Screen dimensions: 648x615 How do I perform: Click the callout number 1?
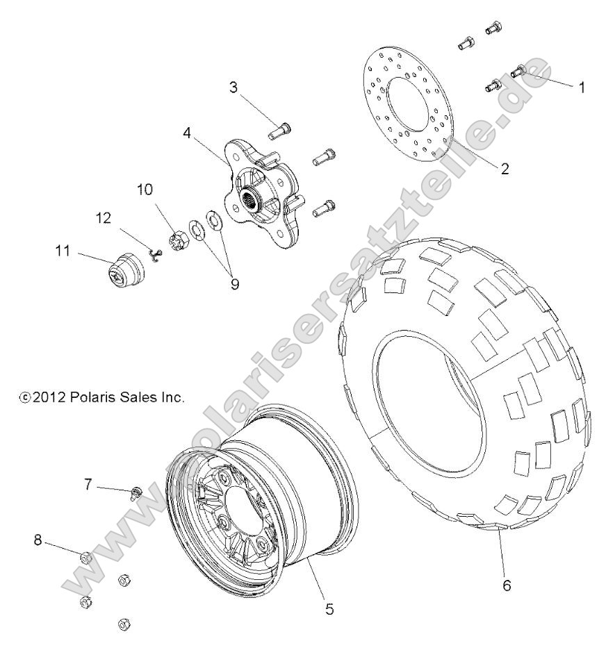tap(582, 88)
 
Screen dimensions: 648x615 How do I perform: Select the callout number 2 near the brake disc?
tap(505, 168)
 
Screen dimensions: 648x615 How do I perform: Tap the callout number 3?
tap(234, 88)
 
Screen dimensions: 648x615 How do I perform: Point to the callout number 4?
tap(188, 133)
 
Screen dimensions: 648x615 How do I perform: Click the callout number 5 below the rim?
tap(329, 609)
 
